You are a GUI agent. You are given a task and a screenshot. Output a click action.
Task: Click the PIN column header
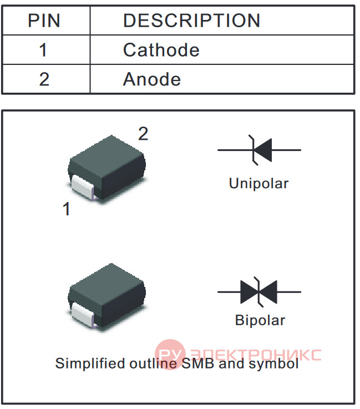coord(44,21)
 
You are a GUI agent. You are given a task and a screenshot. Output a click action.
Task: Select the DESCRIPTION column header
coord(191,21)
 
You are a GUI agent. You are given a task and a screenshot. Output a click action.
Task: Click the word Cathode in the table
coord(161,50)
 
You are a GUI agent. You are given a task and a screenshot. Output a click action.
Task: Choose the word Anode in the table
coord(152,79)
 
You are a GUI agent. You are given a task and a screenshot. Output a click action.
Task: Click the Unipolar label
coord(258,183)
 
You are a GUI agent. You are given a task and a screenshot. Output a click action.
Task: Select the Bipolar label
coord(260,320)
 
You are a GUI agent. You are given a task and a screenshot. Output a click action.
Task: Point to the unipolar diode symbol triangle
coord(263,150)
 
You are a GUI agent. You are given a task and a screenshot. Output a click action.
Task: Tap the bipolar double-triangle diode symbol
coord(258,292)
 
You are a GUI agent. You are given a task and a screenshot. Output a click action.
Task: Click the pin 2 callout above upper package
coord(143,134)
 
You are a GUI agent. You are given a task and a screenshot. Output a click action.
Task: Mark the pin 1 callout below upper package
coord(67,209)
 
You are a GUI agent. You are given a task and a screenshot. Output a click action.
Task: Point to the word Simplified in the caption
coord(90,363)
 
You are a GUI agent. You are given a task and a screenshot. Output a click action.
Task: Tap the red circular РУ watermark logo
coord(170,354)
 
